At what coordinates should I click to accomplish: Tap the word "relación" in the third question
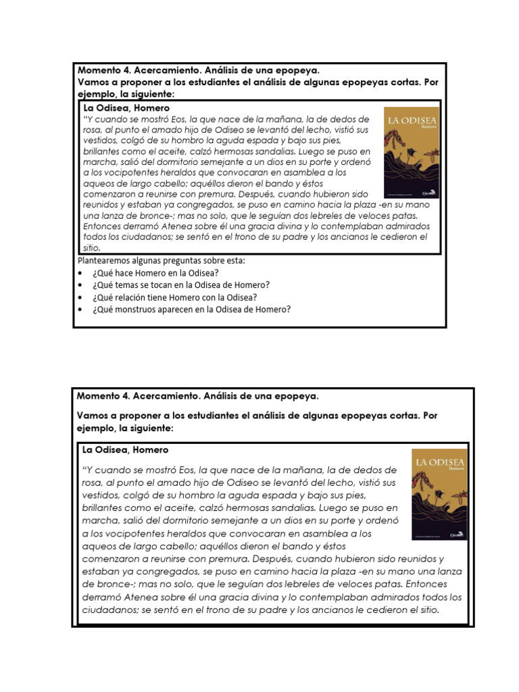point(130,297)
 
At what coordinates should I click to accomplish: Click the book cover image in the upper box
point(411,152)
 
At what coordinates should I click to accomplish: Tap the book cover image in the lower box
point(439,494)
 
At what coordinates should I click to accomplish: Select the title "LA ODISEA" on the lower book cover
point(440,463)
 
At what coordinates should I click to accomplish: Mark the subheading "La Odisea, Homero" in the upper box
point(126,107)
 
